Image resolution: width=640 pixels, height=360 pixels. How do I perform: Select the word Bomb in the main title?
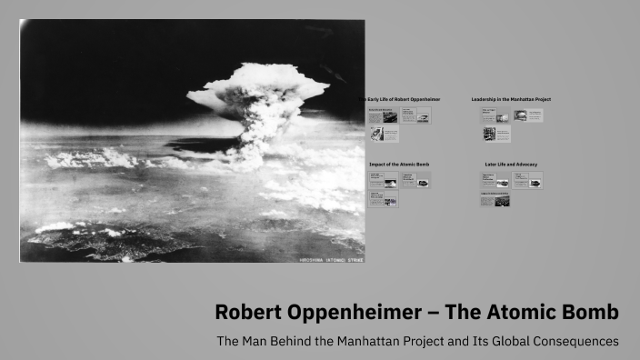[x=589, y=313]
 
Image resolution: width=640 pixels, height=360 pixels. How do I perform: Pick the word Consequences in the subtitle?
[x=572, y=342]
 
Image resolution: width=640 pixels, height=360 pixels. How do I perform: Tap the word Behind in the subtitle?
[x=297, y=342]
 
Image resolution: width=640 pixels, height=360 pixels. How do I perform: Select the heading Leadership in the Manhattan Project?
[x=511, y=99]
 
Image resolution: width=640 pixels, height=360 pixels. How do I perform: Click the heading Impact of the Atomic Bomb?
[x=399, y=165]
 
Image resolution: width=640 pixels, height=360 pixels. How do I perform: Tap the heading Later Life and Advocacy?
[x=511, y=165]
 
